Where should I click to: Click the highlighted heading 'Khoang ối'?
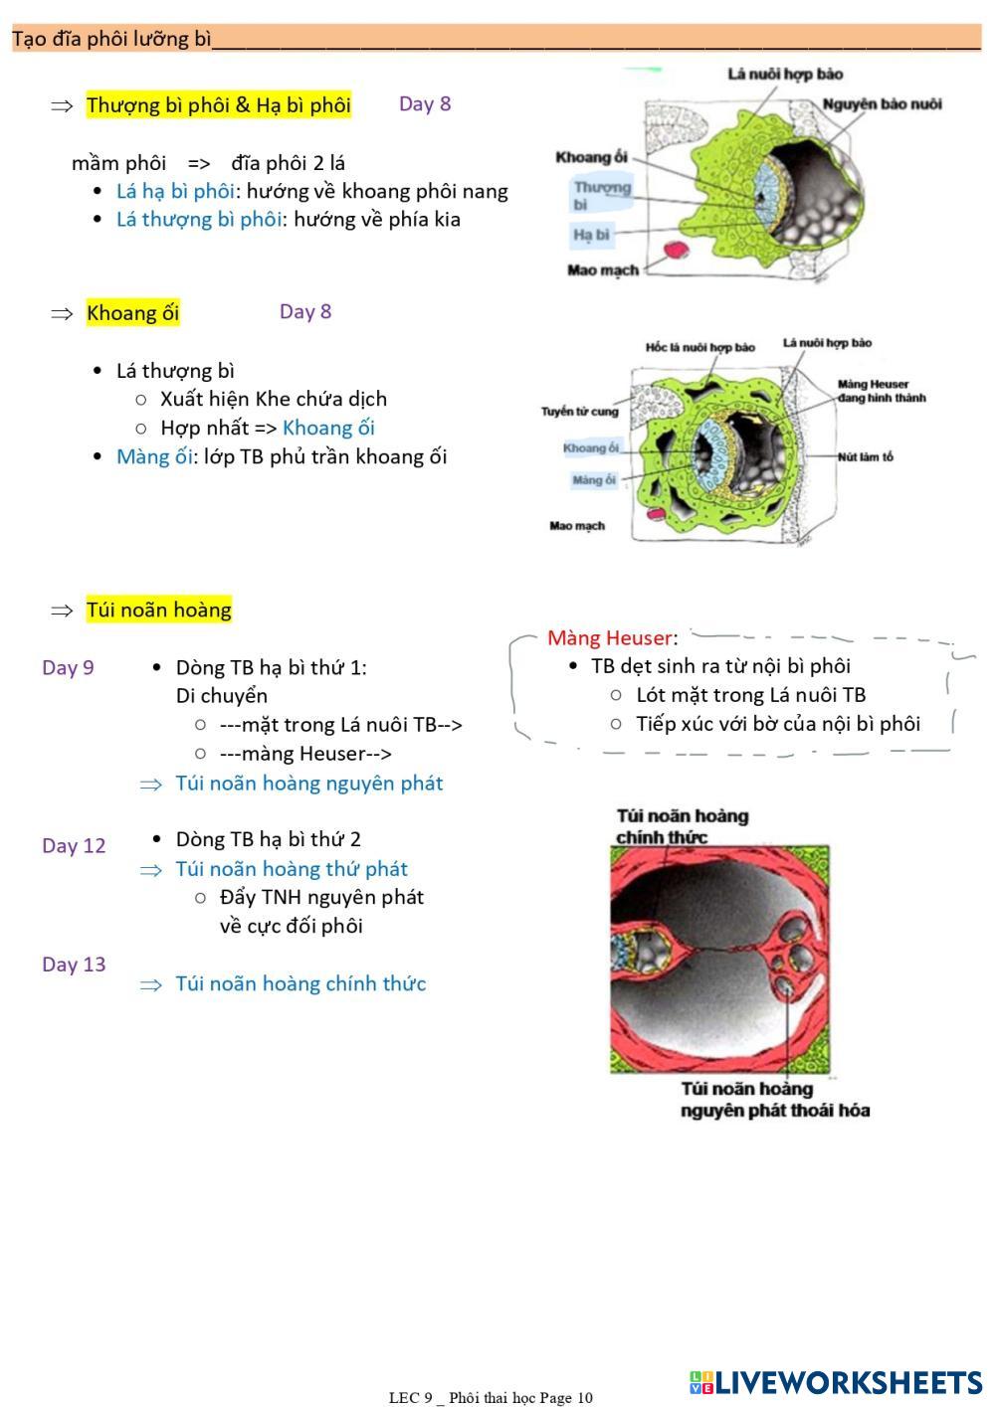click(132, 313)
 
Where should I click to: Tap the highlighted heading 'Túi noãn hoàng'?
click(158, 610)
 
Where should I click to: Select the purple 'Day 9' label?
click(68, 667)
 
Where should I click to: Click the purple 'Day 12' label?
click(74, 845)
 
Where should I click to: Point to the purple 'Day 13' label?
click(74, 964)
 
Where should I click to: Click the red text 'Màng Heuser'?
click(609, 637)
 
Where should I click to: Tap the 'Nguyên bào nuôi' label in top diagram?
click(882, 103)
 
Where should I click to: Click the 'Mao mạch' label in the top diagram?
click(602, 269)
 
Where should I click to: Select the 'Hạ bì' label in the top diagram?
click(591, 235)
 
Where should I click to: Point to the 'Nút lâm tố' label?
click(865, 456)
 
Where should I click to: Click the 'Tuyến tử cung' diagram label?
click(579, 411)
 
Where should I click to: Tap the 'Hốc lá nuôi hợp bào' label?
click(699, 347)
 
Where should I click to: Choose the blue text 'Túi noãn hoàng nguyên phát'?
click(308, 783)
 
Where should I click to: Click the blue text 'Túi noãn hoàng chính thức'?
click(300, 983)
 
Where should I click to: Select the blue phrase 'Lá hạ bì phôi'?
click(175, 191)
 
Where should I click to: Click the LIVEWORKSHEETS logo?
click(835, 1381)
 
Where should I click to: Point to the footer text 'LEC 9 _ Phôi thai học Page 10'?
click(491, 1397)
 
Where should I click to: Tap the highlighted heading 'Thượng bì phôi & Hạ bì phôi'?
click(218, 104)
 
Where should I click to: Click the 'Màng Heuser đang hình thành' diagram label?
click(881, 391)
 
